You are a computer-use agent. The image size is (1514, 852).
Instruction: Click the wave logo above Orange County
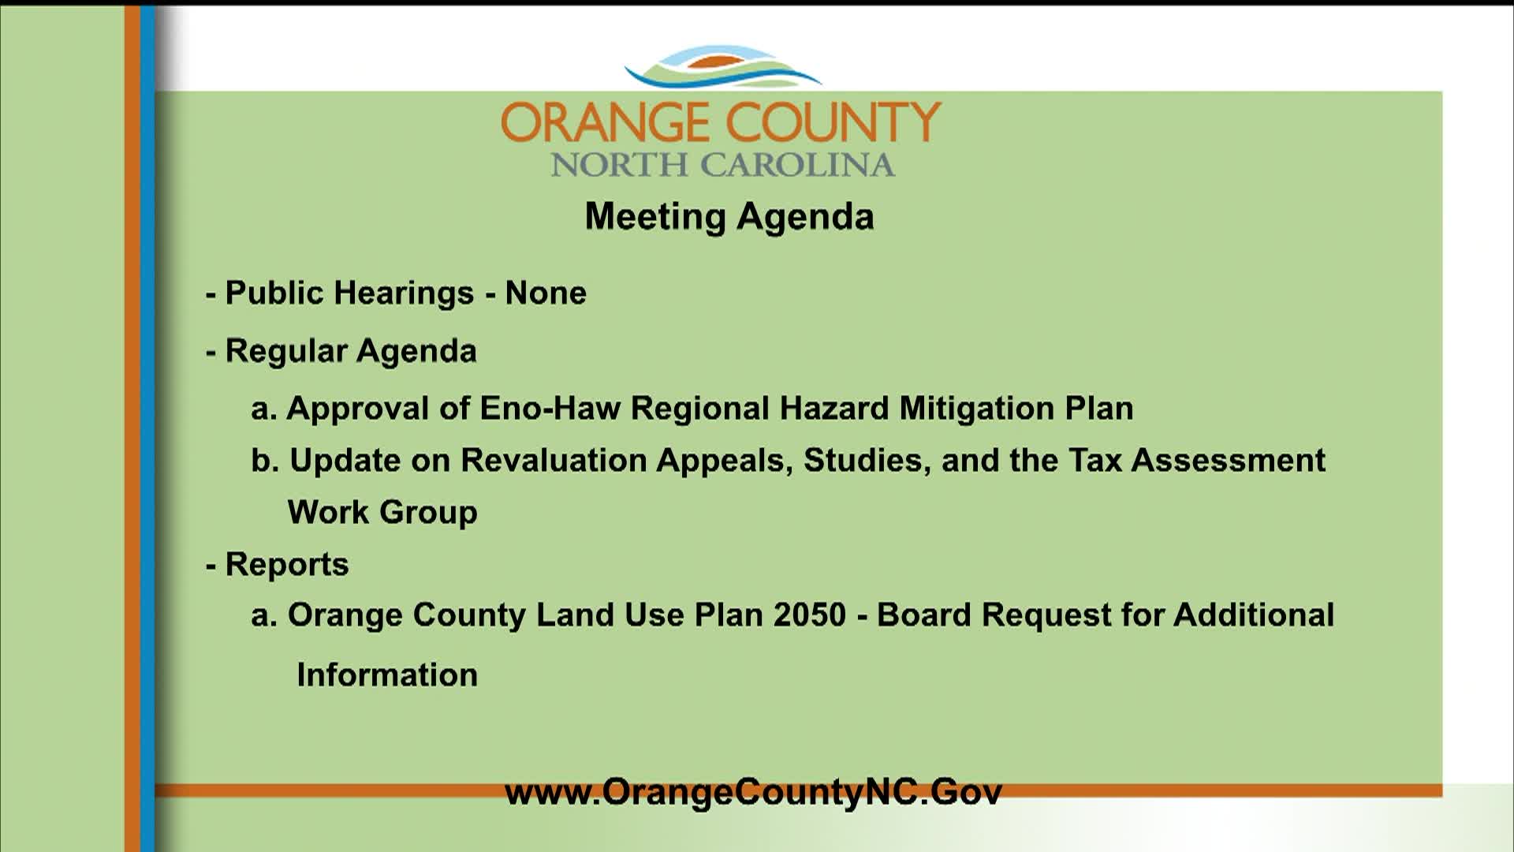(723, 67)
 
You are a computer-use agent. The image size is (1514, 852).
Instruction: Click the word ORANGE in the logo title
(605, 122)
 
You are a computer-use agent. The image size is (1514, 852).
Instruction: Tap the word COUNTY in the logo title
(833, 122)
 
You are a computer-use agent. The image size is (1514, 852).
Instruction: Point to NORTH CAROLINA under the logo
(723, 165)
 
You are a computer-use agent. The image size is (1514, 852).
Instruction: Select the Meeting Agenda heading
(729, 217)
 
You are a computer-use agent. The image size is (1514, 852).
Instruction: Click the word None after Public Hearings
(546, 293)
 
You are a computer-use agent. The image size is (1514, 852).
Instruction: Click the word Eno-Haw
(550, 409)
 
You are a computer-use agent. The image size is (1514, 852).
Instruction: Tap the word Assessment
(1229, 461)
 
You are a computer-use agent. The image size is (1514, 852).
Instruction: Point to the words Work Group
(382, 513)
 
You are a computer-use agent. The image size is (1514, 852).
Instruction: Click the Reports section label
(287, 565)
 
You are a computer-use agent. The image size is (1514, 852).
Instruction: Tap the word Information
(387, 675)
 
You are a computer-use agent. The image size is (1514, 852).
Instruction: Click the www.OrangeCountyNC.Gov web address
(753, 792)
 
